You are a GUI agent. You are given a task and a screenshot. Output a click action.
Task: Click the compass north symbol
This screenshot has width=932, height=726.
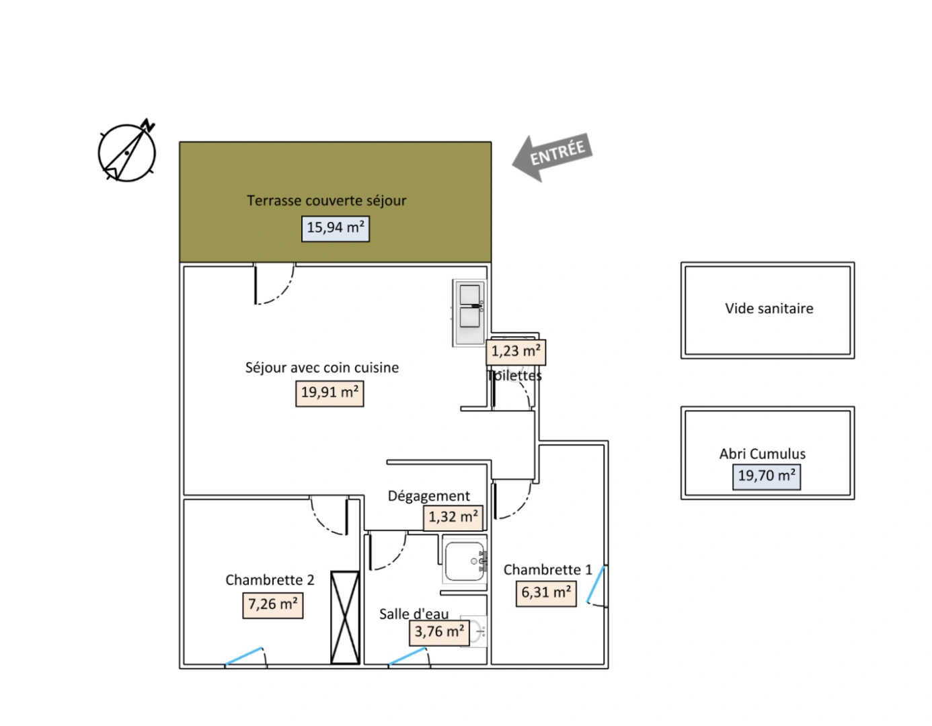(x=126, y=151)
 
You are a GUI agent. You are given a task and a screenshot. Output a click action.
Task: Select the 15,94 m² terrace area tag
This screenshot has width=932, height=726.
(x=335, y=229)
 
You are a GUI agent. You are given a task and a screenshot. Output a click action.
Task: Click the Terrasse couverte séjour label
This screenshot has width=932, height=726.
(x=326, y=200)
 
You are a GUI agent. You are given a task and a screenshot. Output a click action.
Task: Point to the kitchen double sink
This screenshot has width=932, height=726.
(x=469, y=313)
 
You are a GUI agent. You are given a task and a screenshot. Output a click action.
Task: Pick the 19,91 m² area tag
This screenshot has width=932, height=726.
(x=329, y=393)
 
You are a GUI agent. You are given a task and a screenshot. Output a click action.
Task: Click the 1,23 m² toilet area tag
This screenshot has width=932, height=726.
(x=516, y=352)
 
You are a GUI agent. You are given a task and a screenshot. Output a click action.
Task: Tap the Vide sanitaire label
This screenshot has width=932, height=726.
(x=769, y=309)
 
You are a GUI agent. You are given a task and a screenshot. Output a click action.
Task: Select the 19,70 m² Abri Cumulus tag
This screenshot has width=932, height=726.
(x=767, y=477)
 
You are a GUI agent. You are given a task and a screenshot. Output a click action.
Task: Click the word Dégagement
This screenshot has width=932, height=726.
(x=428, y=496)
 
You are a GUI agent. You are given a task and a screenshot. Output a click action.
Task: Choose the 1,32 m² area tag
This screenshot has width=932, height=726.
(x=453, y=518)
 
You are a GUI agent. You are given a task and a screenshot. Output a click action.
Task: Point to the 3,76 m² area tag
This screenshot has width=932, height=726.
(x=439, y=633)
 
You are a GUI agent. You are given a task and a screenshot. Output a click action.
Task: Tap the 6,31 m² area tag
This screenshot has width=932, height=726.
(x=546, y=594)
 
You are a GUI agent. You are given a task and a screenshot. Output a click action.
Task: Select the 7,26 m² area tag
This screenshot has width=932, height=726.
(x=273, y=605)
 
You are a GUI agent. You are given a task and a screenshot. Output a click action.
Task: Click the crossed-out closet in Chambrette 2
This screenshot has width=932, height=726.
(x=345, y=617)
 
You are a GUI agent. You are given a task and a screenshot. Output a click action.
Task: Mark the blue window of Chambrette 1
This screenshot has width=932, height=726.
(x=596, y=584)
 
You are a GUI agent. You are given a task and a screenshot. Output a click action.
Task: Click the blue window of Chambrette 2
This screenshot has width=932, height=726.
(x=243, y=656)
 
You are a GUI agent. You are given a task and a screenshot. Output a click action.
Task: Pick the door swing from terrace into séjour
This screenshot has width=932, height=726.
(x=274, y=284)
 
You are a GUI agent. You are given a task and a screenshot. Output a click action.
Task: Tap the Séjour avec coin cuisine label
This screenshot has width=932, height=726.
(x=322, y=368)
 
